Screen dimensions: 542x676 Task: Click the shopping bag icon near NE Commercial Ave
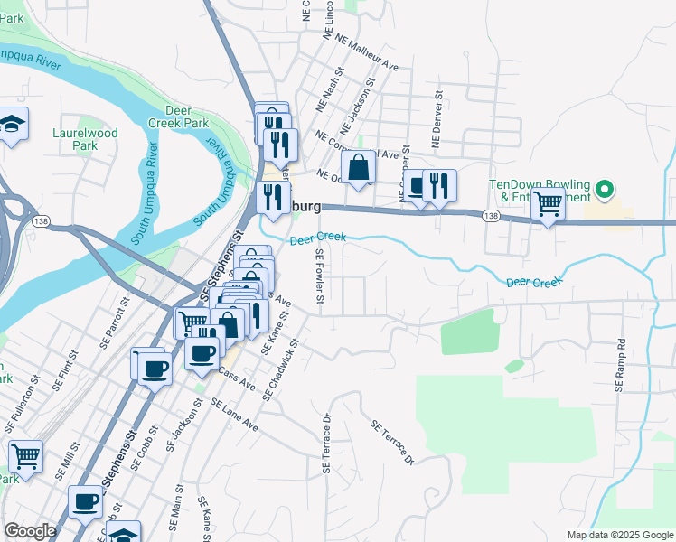(359, 167)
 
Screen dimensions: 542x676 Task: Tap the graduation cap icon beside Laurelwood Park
(13, 125)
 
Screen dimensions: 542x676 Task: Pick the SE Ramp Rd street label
(621, 364)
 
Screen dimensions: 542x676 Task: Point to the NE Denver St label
(437, 118)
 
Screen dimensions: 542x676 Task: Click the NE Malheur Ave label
(366, 53)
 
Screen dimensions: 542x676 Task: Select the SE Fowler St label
(319, 278)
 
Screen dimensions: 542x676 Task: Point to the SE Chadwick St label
(281, 370)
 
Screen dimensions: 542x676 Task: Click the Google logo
(30, 531)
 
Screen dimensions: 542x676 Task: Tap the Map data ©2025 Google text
(619, 535)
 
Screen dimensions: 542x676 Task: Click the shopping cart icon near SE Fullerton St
(26, 456)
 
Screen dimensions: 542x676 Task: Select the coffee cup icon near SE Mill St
(87, 501)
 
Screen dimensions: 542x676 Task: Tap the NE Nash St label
(330, 89)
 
